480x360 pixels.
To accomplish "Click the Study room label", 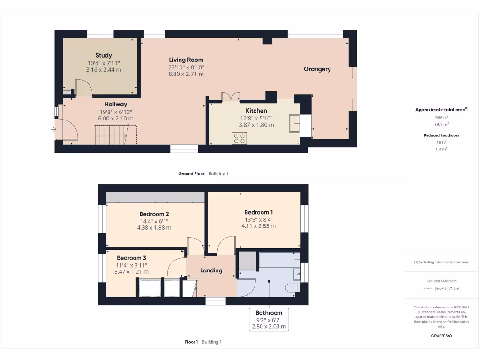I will [104, 55].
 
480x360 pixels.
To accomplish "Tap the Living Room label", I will [186, 60].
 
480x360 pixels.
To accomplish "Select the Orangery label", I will [317, 69].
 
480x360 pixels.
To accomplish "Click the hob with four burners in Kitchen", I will [240, 138].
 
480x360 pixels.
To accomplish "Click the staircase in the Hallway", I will [111, 134].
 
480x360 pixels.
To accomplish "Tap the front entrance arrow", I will [54, 129].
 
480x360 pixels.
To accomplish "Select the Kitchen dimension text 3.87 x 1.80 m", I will [257, 125].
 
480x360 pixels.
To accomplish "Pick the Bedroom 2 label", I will [154, 214].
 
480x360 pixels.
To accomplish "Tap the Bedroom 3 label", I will [132, 258].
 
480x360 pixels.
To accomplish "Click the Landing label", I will [211, 270].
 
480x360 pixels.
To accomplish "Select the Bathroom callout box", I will [269, 319].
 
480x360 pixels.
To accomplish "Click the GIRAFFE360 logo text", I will [441, 336].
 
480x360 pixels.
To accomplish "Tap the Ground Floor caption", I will [191, 173].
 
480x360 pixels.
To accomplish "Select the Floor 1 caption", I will [191, 342].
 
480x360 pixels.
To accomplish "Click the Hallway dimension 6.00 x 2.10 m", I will [116, 118].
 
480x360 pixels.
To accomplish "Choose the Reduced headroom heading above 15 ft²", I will [441, 135].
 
